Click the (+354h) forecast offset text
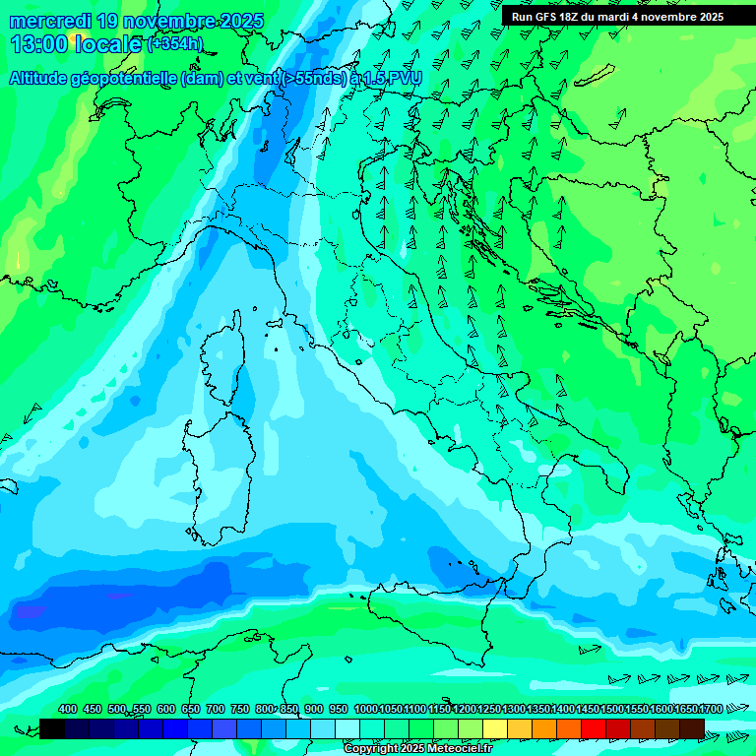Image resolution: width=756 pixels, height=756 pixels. pos(175,43)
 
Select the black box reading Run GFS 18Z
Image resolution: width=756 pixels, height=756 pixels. pos(617,16)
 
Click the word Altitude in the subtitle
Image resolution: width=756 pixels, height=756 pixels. pos(44,78)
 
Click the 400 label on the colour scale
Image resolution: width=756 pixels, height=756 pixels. pos(67,709)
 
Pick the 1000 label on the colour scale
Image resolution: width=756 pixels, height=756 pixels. pos(365,709)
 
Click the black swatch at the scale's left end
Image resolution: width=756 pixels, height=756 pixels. pos(52,728)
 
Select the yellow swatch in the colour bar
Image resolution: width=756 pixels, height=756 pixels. pos(495,728)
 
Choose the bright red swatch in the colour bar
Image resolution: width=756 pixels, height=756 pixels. pos(594,728)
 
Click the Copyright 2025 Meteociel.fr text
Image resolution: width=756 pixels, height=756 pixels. pos(417,749)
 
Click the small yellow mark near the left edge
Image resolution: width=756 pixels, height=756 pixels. pos(18,260)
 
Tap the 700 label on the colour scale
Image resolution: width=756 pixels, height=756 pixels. pos(215,709)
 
